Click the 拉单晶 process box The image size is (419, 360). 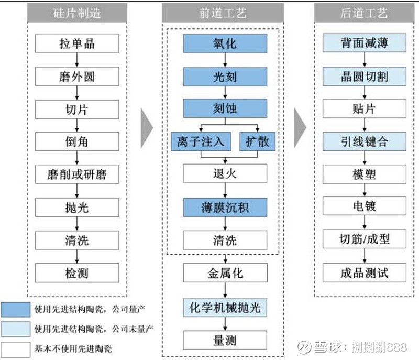pyautogui.click(x=77, y=43)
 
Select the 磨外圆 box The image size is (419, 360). pyautogui.click(x=77, y=77)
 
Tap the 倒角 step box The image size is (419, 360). pyautogui.click(x=77, y=142)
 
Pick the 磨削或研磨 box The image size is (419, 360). pyautogui.click(x=77, y=174)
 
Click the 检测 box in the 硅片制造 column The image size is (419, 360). pyautogui.click(x=77, y=273)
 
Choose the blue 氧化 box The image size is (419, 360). pyautogui.click(x=225, y=43)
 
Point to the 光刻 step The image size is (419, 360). pyautogui.click(x=225, y=77)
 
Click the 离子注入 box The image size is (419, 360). pyautogui.click(x=201, y=141)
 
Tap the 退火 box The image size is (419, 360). pyautogui.click(x=225, y=173)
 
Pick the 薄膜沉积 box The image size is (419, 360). pyautogui.click(x=225, y=208)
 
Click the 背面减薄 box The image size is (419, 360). pyautogui.click(x=364, y=43)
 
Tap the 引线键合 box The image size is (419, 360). pyautogui.click(x=364, y=141)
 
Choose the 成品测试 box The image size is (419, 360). pyautogui.click(x=364, y=273)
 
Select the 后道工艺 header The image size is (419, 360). pyautogui.click(x=364, y=13)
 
